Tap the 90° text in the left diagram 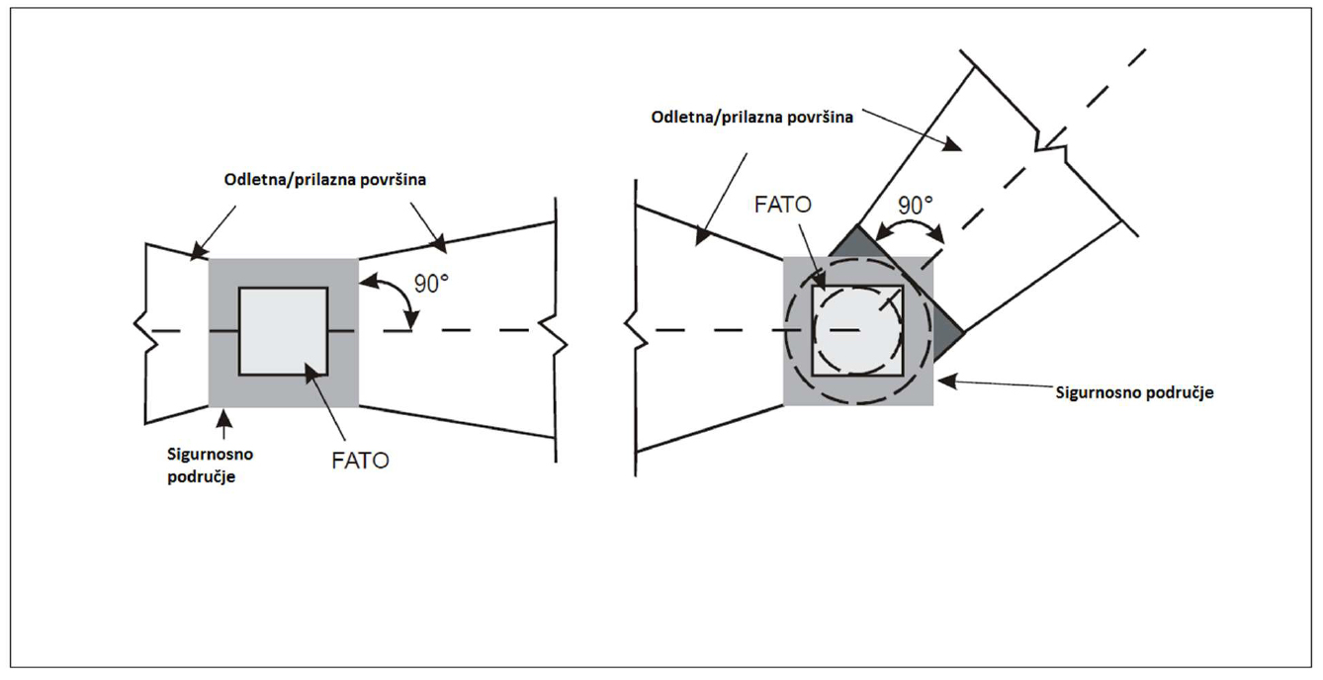tap(430, 284)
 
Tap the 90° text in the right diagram tap(915, 206)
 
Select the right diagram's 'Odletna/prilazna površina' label tap(752, 116)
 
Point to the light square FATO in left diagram tap(283, 331)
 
